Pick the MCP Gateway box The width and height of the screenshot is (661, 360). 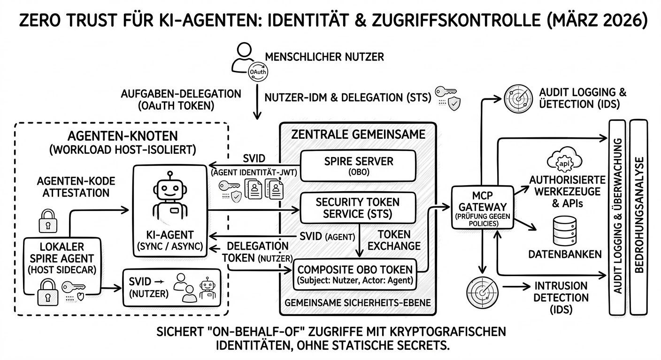[x=476, y=207]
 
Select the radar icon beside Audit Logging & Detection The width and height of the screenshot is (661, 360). [x=517, y=97]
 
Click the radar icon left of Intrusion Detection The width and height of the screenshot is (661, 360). [x=481, y=290]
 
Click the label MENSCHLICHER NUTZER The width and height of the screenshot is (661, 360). [x=324, y=57]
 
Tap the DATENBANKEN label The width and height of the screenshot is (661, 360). [x=565, y=254]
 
